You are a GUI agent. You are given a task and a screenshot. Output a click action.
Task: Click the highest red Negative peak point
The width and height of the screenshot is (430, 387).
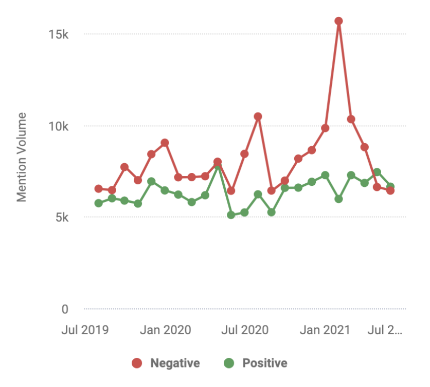(x=338, y=21)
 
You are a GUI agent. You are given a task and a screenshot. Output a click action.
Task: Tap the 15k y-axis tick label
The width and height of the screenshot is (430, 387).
(x=59, y=34)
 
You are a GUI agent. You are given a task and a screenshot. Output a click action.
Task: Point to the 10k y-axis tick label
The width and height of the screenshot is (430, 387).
(x=58, y=126)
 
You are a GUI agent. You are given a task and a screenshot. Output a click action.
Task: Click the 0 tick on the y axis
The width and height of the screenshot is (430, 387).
(x=65, y=309)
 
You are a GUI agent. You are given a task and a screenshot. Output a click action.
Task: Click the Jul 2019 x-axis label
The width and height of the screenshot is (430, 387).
(x=85, y=330)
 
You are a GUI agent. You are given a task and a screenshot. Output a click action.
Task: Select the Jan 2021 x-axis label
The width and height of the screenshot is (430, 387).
(x=325, y=330)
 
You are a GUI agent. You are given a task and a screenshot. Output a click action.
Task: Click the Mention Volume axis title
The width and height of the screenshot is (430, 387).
(x=22, y=157)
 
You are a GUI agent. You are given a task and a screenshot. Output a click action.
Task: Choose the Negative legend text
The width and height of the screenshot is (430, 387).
(x=175, y=363)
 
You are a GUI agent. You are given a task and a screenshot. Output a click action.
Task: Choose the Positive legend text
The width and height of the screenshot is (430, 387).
(x=265, y=363)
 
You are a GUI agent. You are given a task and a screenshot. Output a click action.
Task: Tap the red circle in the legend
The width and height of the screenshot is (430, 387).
(x=137, y=363)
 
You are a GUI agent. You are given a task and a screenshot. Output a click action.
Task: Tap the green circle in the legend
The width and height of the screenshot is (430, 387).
(x=229, y=363)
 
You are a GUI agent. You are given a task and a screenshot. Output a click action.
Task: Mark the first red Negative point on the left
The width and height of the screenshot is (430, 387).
(x=99, y=189)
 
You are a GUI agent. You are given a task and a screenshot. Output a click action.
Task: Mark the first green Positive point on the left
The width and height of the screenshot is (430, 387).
(x=99, y=203)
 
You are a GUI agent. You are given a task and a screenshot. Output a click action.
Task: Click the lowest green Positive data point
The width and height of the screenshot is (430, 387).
(x=231, y=215)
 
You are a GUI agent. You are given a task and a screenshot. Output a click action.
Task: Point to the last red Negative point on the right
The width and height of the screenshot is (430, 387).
(x=390, y=191)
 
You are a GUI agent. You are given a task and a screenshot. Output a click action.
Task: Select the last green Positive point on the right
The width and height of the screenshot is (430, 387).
(x=390, y=186)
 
